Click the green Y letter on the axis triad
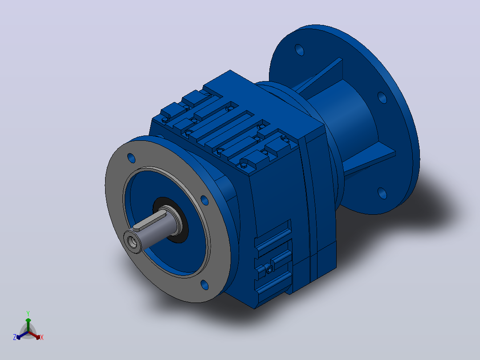(28, 313)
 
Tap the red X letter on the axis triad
(42, 337)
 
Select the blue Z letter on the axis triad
(15, 337)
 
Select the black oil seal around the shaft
(171, 220)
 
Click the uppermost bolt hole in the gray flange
(131, 158)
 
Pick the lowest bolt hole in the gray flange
(204, 285)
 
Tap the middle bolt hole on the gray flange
(204, 200)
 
